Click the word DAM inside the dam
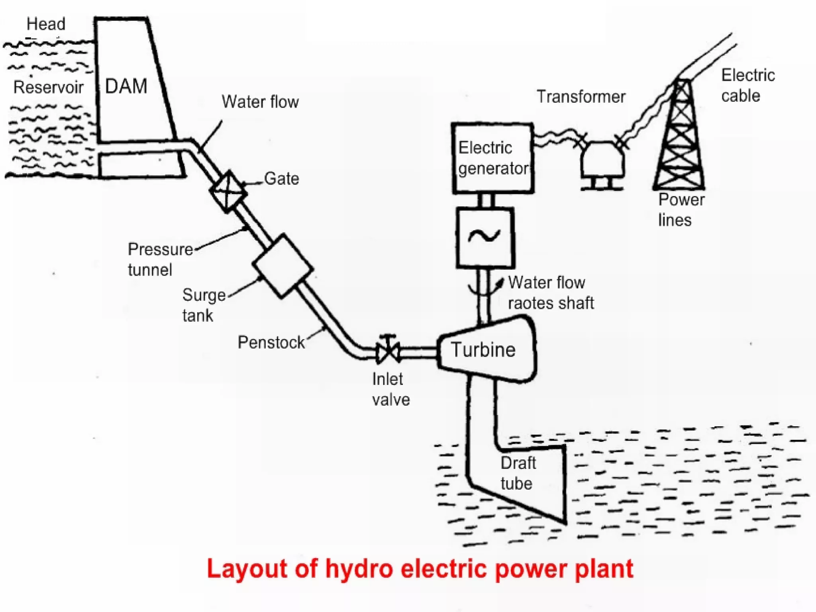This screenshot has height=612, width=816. tap(126, 86)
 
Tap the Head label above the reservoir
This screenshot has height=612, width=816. tap(46, 24)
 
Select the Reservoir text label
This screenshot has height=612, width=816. tap(48, 87)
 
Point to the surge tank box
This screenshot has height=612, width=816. tap(282, 266)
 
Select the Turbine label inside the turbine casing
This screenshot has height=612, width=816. tap(483, 350)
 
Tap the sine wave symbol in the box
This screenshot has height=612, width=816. tap(484, 236)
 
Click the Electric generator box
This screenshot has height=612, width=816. tap(493, 158)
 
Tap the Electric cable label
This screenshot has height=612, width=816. tap(747, 85)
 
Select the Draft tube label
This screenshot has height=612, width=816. tap(518, 473)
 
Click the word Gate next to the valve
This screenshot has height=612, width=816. tap(281, 178)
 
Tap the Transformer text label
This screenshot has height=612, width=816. tap(581, 97)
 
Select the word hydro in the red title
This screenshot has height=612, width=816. tap(359, 569)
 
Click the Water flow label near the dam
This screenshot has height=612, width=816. tap(260, 102)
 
